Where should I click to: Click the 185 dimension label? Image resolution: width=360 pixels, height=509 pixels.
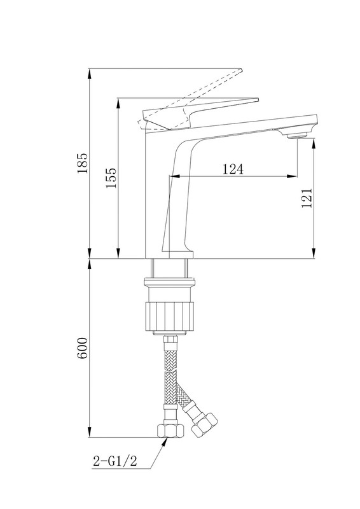pyautogui.click(x=83, y=163)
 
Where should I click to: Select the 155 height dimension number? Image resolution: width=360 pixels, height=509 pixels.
pyautogui.click(x=111, y=178)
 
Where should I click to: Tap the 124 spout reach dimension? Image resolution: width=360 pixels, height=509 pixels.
pyautogui.click(x=233, y=169)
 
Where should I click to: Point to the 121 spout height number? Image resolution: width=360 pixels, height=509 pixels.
pyautogui.click(x=307, y=198)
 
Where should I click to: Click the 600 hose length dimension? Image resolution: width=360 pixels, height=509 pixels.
pyautogui.click(x=83, y=348)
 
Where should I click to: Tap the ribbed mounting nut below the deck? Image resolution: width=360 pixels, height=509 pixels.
pyautogui.click(x=170, y=317)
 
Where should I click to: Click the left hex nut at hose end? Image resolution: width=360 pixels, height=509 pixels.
pyautogui.click(x=170, y=431)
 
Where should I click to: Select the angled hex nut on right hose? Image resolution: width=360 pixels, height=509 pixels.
pyautogui.click(x=205, y=424)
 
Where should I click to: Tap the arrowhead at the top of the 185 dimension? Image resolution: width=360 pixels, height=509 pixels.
pyautogui.click(x=90, y=74)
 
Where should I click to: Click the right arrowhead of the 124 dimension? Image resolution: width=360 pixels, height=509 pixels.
pyautogui.click(x=291, y=176)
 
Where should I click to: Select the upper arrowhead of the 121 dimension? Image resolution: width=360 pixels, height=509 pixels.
pyautogui.click(x=314, y=144)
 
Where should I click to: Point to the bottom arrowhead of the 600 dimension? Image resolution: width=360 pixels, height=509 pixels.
pyautogui.click(x=90, y=432)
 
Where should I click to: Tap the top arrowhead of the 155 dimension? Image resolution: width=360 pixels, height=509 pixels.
pyautogui.click(x=118, y=104)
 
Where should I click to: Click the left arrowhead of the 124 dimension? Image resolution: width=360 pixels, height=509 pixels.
pyautogui.click(x=176, y=176)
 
